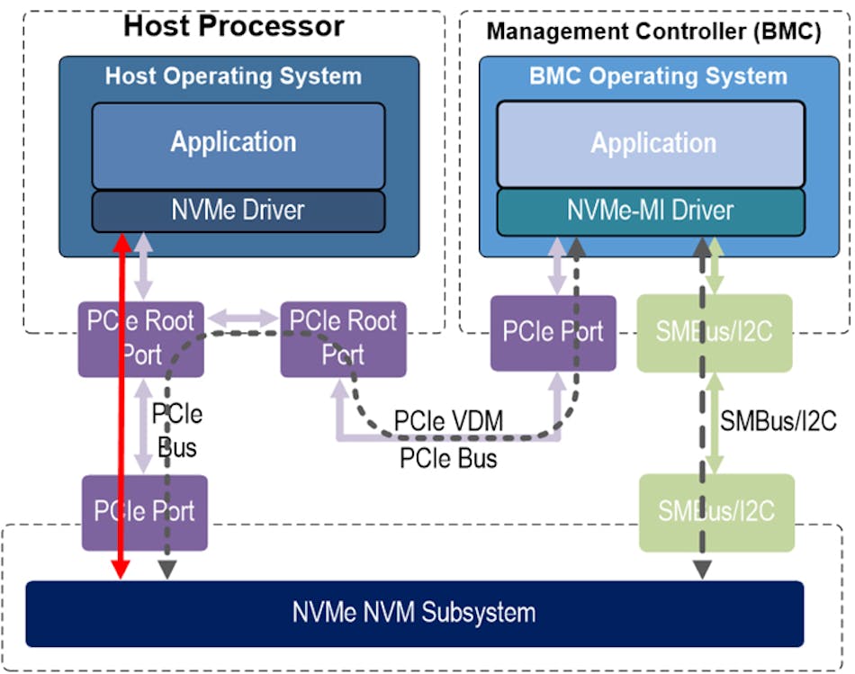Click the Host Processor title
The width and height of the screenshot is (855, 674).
tap(233, 25)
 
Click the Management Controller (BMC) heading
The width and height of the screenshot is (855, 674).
tap(653, 31)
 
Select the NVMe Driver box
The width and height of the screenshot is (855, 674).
tap(238, 211)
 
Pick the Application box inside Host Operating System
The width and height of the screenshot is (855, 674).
tap(238, 144)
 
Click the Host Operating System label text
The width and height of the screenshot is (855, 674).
tap(233, 76)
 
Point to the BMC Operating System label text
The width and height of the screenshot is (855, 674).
tap(657, 76)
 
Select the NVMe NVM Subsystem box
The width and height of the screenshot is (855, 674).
tap(414, 614)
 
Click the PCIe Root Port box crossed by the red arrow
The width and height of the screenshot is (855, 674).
tap(141, 338)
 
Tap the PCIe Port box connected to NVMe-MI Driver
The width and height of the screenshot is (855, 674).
tap(553, 332)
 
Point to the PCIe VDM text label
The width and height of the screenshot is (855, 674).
tap(449, 420)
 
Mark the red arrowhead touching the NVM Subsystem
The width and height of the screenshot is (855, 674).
tap(120, 568)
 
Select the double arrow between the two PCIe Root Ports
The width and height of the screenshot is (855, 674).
tap(243, 318)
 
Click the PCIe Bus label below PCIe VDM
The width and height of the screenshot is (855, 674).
tap(448, 458)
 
